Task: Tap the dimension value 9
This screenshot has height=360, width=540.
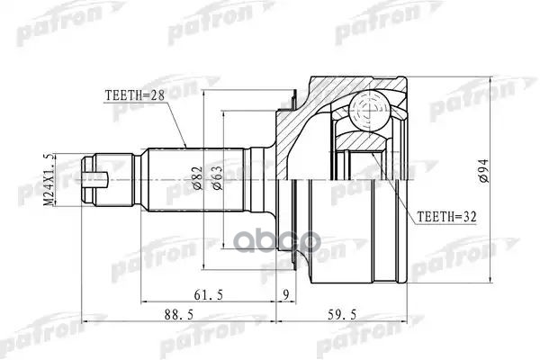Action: click(x=286, y=293)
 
